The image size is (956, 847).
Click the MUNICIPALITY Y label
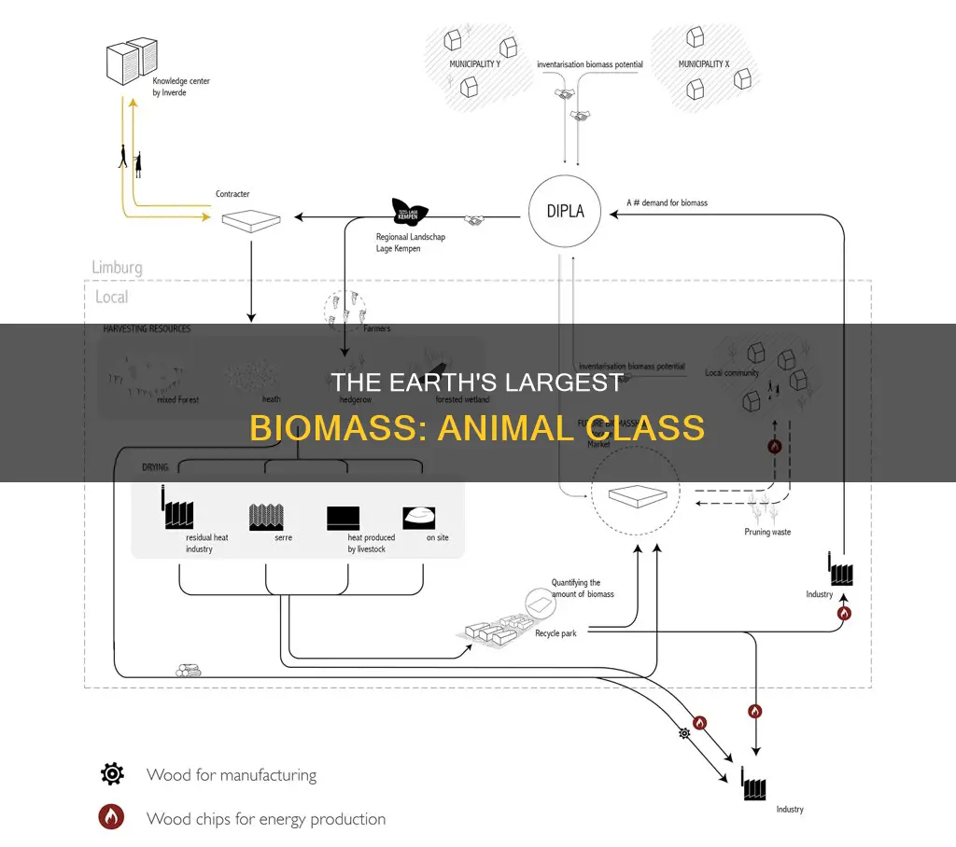pyautogui.click(x=473, y=64)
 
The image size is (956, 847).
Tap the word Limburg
pyautogui.click(x=117, y=268)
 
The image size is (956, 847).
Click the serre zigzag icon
pyautogui.click(x=267, y=517)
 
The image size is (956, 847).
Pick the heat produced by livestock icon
pyautogui.click(x=343, y=518)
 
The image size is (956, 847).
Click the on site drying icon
pyautogui.click(x=419, y=518)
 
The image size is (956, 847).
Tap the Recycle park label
pyautogui.click(x=555, y=633)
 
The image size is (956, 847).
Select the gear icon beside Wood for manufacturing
pyautogui.click(x=112, y=775)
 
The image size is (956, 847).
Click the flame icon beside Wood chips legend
pyautogui.click(x=112, y=818)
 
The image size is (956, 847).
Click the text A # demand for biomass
pyautogui.click(x=666, y=202)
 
